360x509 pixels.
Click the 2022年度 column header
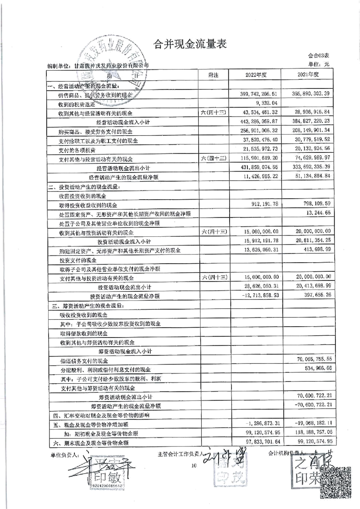coord(258,75)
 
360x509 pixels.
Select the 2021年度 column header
coord(307,75)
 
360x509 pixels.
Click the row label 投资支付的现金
coord(76,260)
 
